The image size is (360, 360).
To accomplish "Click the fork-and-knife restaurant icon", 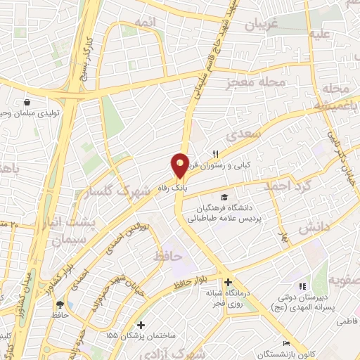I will point(217,154).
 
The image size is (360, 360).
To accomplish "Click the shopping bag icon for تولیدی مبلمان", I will point(26,101).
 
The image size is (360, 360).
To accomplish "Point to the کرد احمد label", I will point(287,187).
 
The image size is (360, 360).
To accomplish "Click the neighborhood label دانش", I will point(313,228).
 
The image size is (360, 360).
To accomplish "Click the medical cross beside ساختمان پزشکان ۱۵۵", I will point(142,326).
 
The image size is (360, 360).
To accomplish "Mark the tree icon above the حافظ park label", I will point(61,304).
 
